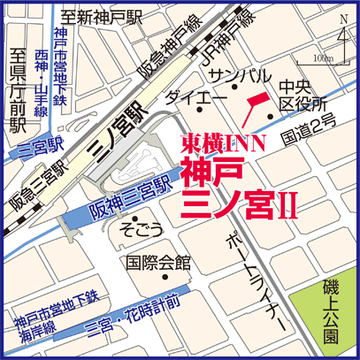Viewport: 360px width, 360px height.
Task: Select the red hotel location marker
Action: (x=254, y=107)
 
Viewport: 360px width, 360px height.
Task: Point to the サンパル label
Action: (x=228, y=75)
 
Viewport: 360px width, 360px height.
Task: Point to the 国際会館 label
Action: (x=159, y=263)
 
